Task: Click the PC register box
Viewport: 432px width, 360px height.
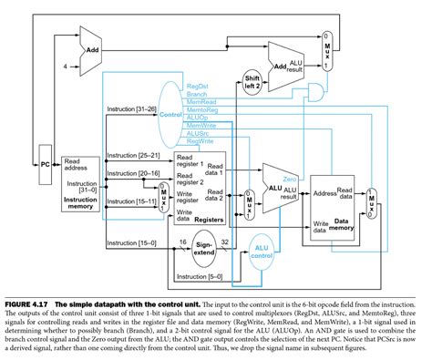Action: point(45,164)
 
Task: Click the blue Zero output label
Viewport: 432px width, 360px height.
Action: point(290,155)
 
